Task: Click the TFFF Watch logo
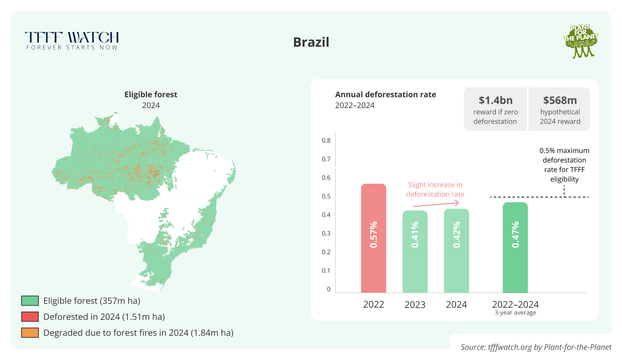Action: point(72,41)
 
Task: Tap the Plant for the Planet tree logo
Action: point(581,41)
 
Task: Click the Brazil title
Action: point(311,42)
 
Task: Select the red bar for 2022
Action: point(374,238)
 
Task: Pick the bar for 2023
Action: point(415,251)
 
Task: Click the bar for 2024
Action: point(457,250)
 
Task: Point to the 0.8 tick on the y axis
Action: point(326,140)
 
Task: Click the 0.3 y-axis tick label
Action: point(326,233)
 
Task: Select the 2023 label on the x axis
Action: point(415,305)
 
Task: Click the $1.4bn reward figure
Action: point(495,100)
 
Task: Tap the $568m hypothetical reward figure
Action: point(560,100)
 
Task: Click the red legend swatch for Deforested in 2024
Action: point(30,317)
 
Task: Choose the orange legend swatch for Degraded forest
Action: point(30,333)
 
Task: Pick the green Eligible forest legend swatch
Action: point(30,301)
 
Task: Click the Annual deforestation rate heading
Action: point(386,95)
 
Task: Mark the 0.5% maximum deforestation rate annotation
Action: point(564,165)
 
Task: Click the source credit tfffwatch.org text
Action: point(536,347)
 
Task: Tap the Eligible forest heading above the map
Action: point(151,95)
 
